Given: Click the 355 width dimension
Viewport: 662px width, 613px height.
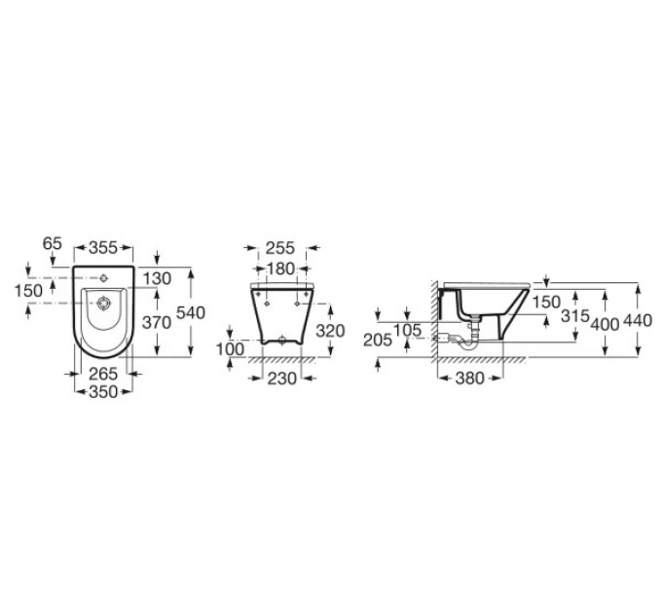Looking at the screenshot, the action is pos(103,248).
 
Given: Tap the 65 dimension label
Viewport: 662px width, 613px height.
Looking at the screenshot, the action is pos(53,243).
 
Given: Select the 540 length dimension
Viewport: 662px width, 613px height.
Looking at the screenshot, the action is pos(191,312).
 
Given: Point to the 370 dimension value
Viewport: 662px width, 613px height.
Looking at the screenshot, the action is pos(157,323).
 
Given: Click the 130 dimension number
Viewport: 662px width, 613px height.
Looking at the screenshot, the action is pos(157,278).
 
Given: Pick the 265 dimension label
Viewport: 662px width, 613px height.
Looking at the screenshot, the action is pos(103,374).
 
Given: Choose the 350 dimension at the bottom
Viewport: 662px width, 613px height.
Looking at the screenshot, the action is pos(103,392).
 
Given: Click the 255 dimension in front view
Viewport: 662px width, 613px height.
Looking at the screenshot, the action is pos(280,248).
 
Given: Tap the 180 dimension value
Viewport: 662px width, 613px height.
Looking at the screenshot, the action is pos(280,269).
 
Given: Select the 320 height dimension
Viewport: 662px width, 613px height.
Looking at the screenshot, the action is pos(331,331).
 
